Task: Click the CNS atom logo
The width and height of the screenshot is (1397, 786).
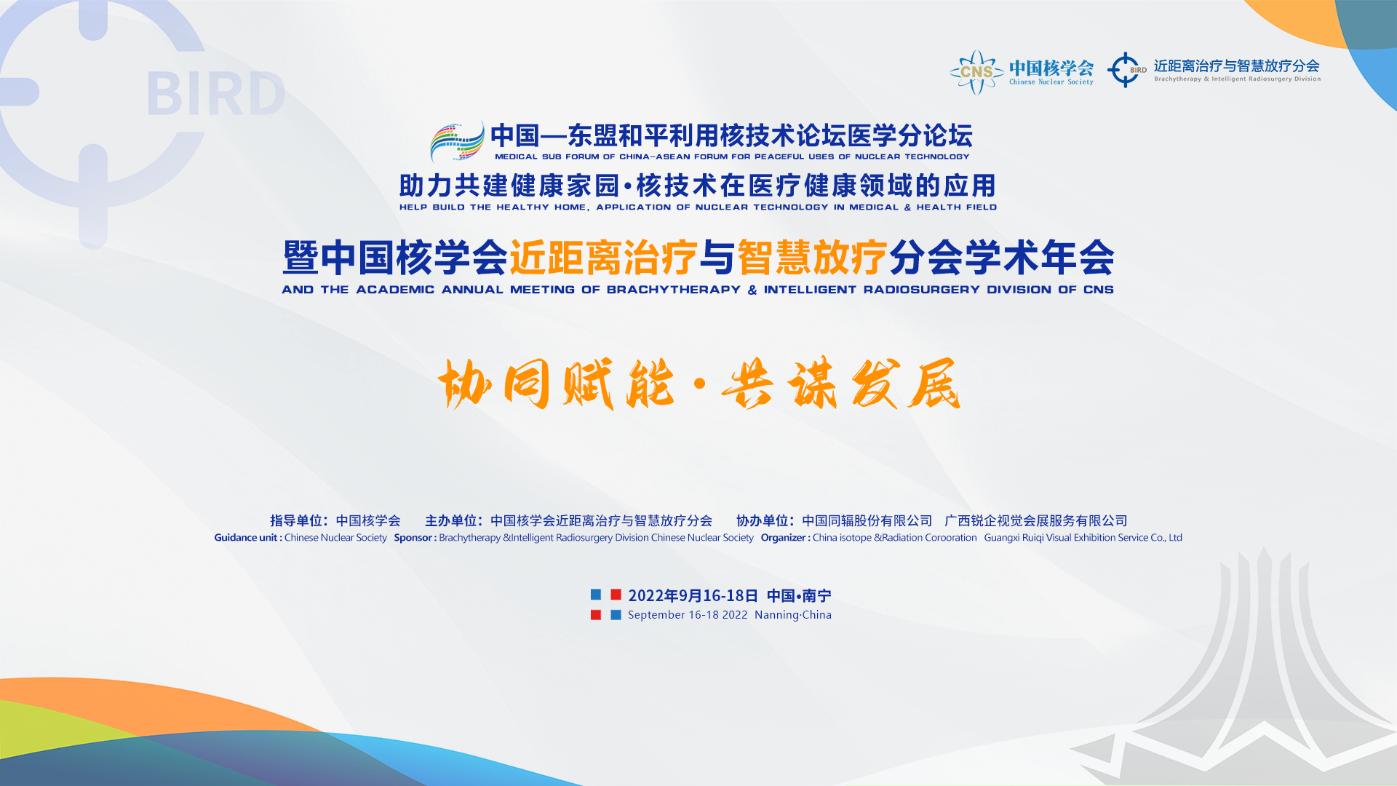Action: tap(976, 72)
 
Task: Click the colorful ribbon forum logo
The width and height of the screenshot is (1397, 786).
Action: tap(457, 141)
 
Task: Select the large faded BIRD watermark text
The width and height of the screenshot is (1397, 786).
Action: tap(215, 94)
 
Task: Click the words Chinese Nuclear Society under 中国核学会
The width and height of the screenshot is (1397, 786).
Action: tap(1051, 82)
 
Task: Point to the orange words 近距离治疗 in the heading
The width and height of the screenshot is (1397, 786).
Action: tap(603, 258)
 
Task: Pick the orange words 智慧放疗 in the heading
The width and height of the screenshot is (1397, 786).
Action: tap(812, 258)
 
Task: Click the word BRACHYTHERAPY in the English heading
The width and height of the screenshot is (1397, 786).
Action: tap(674, 290)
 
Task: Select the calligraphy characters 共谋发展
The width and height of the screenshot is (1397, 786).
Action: tap(841, 384)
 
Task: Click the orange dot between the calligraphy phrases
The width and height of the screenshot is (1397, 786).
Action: tap(699, 384)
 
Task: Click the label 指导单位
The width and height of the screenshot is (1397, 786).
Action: tap(296, 520)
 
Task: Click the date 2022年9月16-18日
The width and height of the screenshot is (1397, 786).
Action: tap(693, 595)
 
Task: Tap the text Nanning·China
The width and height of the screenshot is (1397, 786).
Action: tap(793, 615)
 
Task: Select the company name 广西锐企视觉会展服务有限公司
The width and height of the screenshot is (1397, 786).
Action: tap(1036, 520)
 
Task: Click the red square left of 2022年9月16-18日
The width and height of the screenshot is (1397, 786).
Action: tap(616, 595)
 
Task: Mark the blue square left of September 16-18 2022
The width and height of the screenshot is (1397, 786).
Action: tap(616, 615)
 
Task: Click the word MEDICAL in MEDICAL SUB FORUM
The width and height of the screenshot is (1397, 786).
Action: tap(516, 156)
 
